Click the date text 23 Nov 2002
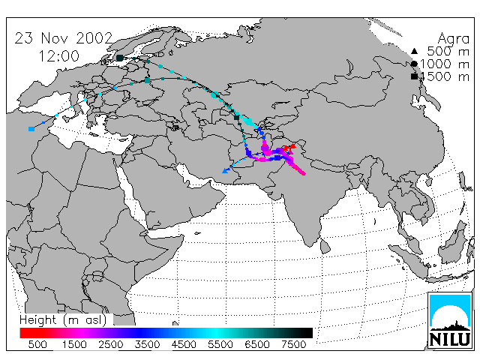point(64,38)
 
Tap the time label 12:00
point(59,56)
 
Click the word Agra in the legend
point(453,39)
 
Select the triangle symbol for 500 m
point(414,51)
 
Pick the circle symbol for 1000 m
point(414,64)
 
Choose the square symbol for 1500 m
point(414,76)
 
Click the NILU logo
point(450,320)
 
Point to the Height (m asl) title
point(63,320)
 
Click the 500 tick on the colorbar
point(37,345)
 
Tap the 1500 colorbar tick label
point(74,345)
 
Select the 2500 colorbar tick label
point(111,345)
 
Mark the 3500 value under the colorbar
point(147,345)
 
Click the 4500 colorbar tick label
point(184,345)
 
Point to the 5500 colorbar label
point(220,345)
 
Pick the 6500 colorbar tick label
point(257,345)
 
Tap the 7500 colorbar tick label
point(293,345)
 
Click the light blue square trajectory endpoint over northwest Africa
point(31,129)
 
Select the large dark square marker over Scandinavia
point(120,58)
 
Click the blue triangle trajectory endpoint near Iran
point(225,171)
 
